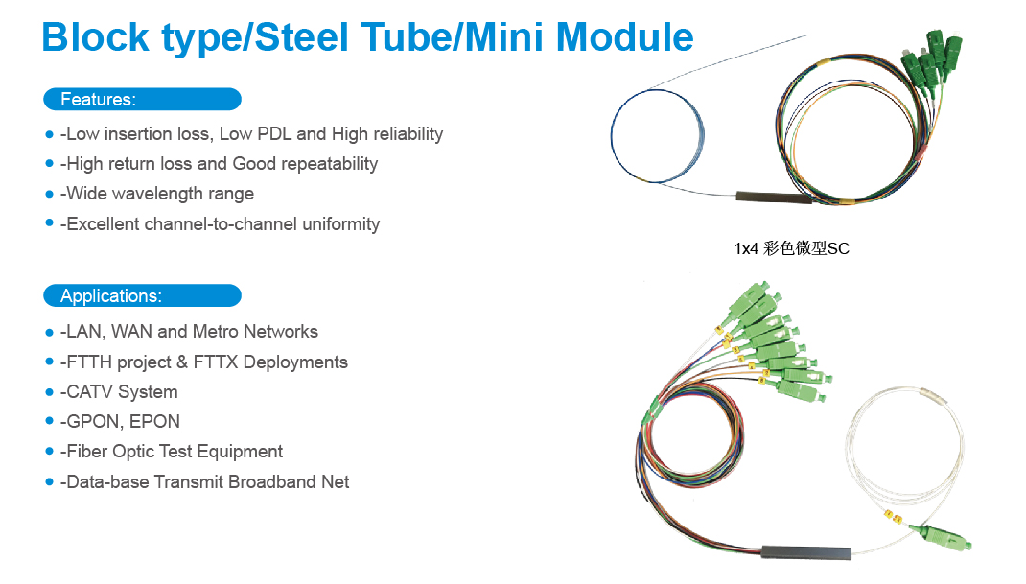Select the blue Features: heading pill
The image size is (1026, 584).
142,99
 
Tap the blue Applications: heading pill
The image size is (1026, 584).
142,295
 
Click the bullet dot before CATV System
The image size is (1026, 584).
50,391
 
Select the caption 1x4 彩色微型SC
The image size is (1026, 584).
791,249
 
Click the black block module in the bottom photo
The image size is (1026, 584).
805,553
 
